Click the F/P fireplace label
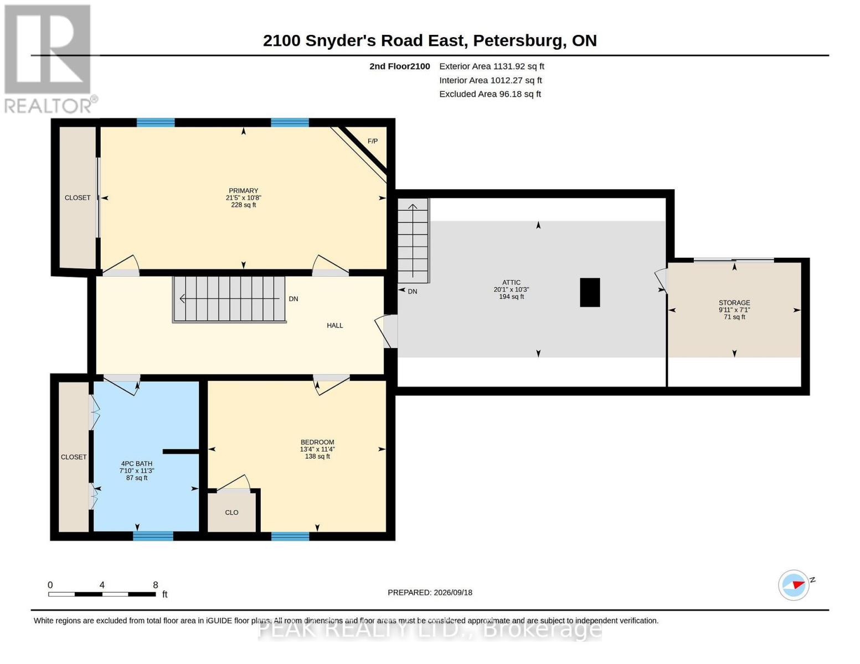click(x=373, y=141)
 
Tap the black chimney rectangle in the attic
click(x=590, y=292)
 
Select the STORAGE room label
click(x=734, y=303)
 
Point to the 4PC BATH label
click(x=137, y=464)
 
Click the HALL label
click(x=335, y=325)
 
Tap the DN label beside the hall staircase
click(x=293, y=299)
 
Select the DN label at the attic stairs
click(x=413, y=292)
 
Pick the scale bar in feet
click(x=102, y=594)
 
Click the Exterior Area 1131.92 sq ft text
click(x=492, y=66)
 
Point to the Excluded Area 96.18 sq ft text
click(x=490, y=94)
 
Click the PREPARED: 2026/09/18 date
click(x=430, y=593)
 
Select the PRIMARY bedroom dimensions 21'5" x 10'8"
click(x=244, y=198)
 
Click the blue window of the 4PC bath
click(x=153, y=536)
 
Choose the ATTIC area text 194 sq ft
click(x=511, y=297)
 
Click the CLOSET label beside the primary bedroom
click(x=78, y=198)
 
